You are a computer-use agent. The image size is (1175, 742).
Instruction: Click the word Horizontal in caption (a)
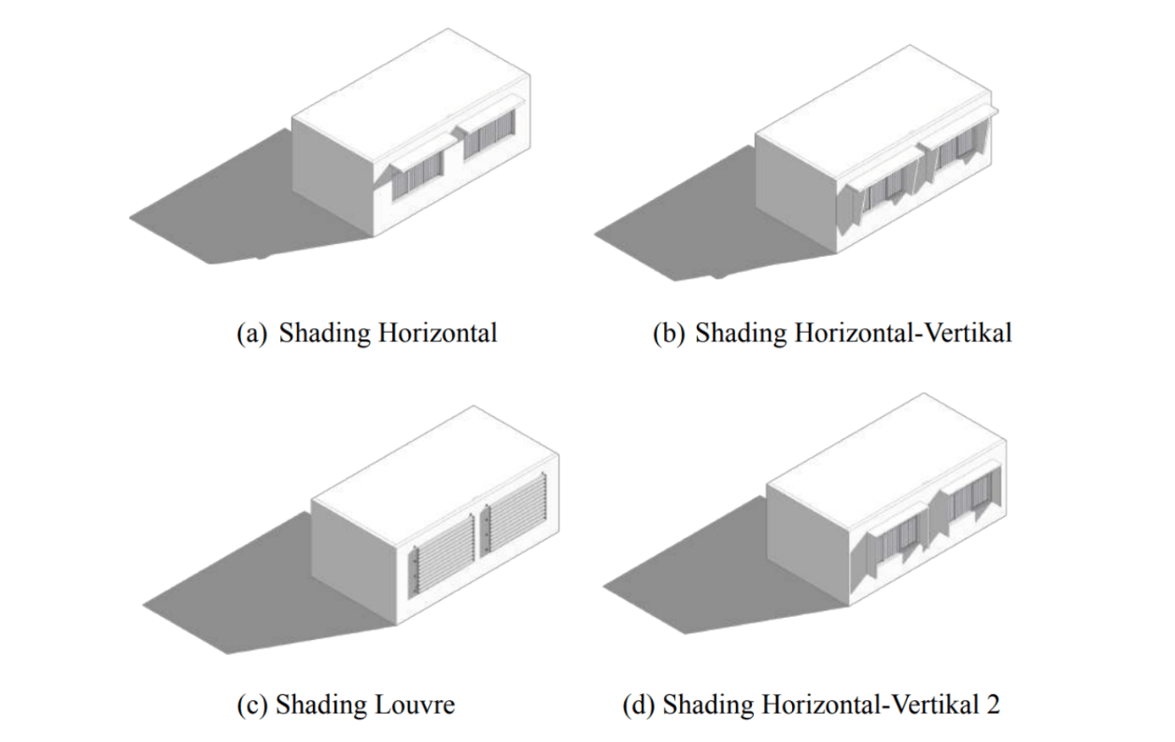coord(437,333)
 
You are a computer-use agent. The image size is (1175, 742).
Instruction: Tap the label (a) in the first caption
coord(252,334)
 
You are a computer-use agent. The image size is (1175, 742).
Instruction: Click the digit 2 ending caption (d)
coord(992,705)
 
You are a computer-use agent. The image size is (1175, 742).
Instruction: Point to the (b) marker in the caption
coord(669,334)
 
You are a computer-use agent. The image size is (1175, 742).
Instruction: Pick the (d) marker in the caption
coord(638,706)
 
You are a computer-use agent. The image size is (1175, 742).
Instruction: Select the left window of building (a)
coord(417,176)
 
